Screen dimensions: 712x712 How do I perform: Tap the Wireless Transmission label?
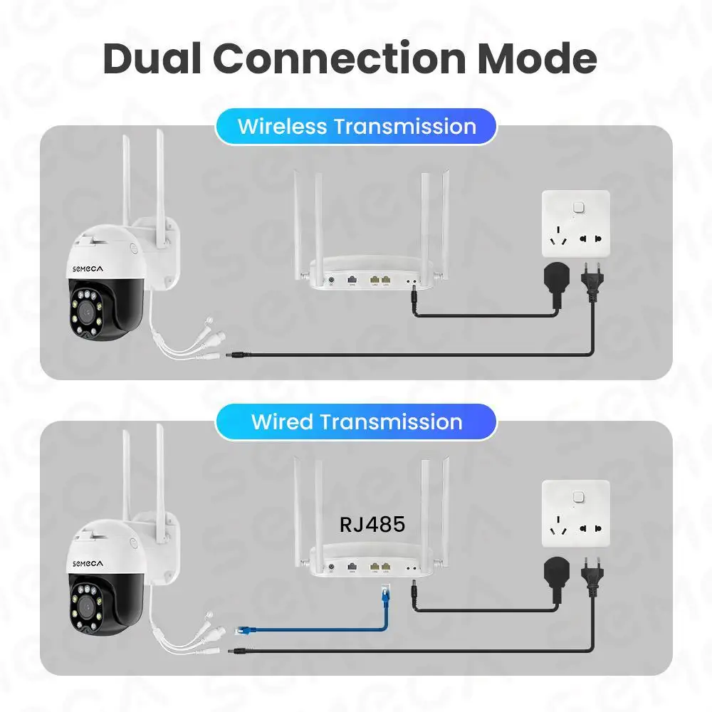(x=357, y=127)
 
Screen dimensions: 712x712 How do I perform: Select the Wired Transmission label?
(x=357, y=422)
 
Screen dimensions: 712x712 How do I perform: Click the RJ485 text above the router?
(x=372, y=525)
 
